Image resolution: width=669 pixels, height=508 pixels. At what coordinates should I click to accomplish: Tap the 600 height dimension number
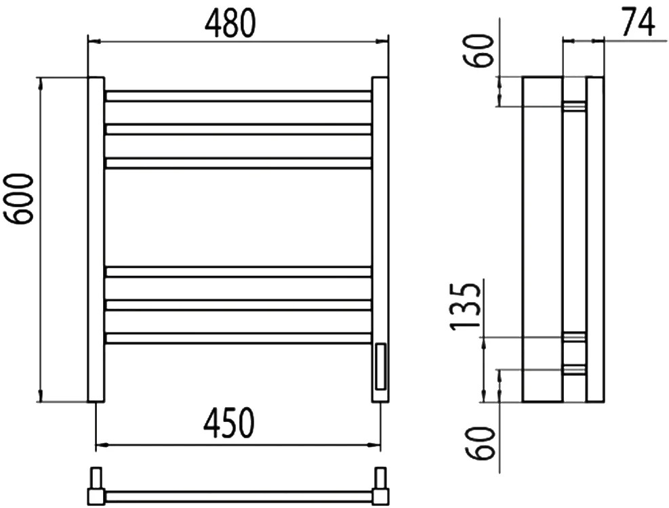coord(18,198)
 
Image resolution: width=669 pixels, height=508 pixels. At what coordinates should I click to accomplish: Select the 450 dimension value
coord(229,423)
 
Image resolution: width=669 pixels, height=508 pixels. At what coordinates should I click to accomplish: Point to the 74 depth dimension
coord(638,21)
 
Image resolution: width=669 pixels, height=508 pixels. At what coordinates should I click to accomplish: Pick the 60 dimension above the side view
coord(479,51)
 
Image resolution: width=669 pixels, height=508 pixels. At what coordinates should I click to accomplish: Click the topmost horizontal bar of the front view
coord(238,96)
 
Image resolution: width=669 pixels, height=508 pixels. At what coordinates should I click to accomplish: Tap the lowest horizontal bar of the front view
coord(238,338)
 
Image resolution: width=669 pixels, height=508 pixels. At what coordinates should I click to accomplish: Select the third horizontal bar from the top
coord(238,163)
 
